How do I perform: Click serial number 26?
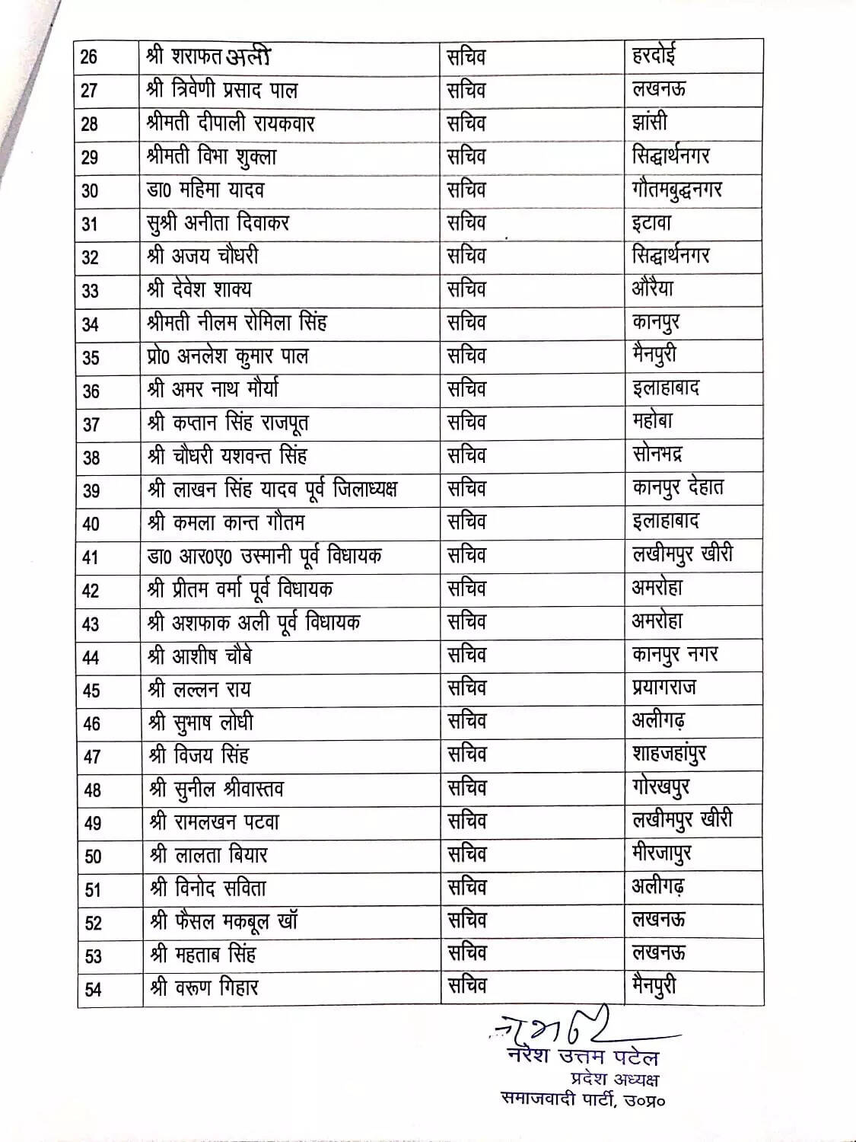pyautogui.click(x=89, y=57)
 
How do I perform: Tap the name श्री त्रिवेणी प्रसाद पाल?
pyautogui.click(x=221, y=91)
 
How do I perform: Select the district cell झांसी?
pyautogui.click(x=650, y=123)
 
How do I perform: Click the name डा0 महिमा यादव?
pyautogui.click(x=205, y=190)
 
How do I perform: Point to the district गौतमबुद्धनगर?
pyautogui.click(x=676, y=190)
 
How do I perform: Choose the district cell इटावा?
pyautogui.click(x=652, y=223)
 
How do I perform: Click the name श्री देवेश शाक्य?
pyautogui.click(x=199, y=290)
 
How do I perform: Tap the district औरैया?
pyautogui.click(x=653, y=289)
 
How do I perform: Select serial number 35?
pyautogui.click(x=91, y=357)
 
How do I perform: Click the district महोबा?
pyautogui.click(x=652, y=421)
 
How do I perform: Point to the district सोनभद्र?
pyautogui.click(x=657, y=455)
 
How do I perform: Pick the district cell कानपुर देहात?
pyautogui.click(x=678, y=488)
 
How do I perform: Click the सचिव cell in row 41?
pyautogui.click(x=466, y=555)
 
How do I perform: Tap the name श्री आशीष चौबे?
pyautogui.click(x=200, y=656)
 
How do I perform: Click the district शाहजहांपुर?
pyautogui.click(x=669, y=754)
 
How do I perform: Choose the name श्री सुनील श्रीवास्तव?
pyautogui.click(x=217, y=789)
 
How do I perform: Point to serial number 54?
pyautogui.click(x=93, y=989)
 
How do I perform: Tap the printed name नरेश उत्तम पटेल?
pyautogui.click(x=583, y=1057)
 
